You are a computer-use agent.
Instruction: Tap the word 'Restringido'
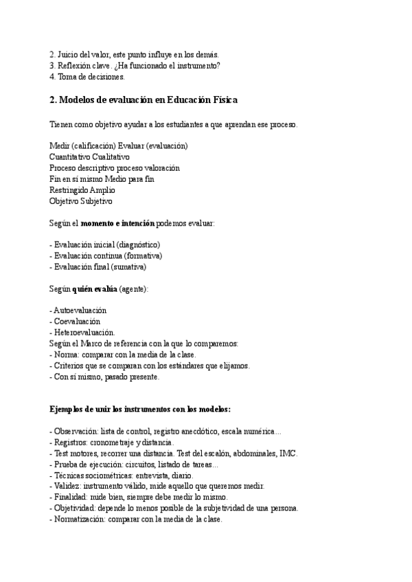(67, 190)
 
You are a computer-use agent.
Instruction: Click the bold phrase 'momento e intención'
(118, 223)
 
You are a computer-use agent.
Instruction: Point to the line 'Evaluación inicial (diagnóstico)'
(106, 245)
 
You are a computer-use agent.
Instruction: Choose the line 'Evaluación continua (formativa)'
(108, 256)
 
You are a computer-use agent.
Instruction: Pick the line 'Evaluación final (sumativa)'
(100, 267)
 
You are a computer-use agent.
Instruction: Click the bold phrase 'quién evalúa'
(94, 289)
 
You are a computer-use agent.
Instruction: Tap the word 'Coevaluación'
(77, 321)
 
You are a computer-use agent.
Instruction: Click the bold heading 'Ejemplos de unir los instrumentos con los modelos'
(139, 410)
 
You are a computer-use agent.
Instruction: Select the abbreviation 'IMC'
(288, 454)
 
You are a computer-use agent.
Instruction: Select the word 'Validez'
(66, 487)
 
